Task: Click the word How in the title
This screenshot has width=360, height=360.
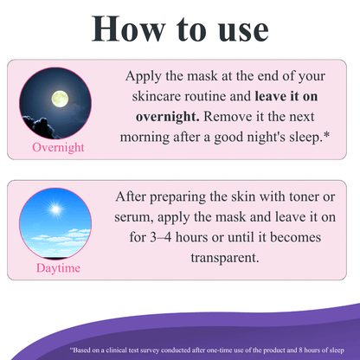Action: pos(128,28)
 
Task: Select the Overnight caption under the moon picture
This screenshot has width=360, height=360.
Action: pos(58,147)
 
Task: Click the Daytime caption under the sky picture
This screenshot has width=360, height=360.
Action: pos(58,268)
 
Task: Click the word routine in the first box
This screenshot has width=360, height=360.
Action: pos(207,95)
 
